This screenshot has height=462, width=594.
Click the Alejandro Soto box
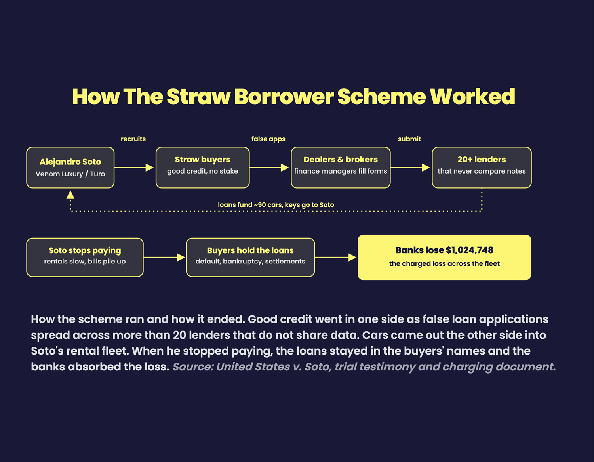(x=70, y=168)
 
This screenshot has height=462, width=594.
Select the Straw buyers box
(x=203, y=168)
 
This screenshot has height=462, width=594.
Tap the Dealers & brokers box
(x=341, y=168)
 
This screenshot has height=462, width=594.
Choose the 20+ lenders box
(x=482, y=168)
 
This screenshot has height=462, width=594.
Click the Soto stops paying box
(x=85, y=257)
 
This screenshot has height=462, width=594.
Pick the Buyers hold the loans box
(x=250, y=257)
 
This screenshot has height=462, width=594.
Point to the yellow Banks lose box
(x=444, y=257)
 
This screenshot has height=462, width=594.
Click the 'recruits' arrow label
(x=133, y=139)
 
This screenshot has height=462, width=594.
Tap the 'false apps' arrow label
(x=268, y=139)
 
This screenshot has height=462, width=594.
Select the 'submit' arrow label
(x=409, y=139)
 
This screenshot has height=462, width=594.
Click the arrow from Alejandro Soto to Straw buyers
(x=134, y=168)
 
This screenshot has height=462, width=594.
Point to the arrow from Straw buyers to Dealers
(x=269, y=168)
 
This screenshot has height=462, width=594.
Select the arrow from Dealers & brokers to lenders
(x=410, y=168)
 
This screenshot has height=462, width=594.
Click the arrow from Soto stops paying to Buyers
(x=164, y=257)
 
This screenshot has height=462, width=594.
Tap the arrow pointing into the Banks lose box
(x=336, y=257)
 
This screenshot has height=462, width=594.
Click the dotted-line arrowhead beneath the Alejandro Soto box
(x=70, y=195)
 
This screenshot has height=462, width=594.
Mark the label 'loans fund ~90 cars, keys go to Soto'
(x=276, y=205)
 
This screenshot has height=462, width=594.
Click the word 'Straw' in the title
(x=199, y=97)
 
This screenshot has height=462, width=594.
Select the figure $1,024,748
(x=469, y=250)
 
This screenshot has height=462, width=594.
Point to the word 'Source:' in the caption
(x=193, y=367)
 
